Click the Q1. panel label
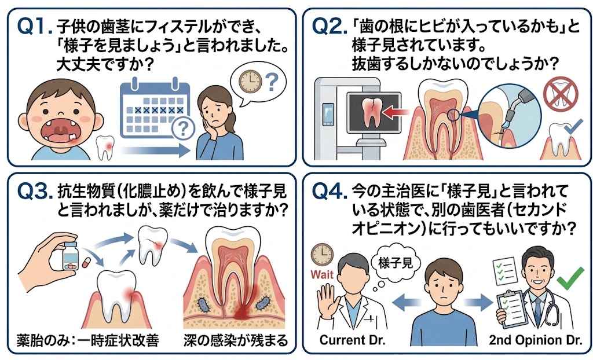coord(35,28)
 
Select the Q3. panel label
coord(35,192)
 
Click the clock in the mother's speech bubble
coord(250,81)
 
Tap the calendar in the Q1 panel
coord(155,109)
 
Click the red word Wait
coord(322,274)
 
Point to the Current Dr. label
coord(352,340)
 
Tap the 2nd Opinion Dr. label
coord(535,340)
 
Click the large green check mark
coord(570,279)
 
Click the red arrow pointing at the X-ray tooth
coord(396,112)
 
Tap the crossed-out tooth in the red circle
coord(561,93)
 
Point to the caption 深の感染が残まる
coord(236,340)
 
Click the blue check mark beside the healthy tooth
coord(573,128)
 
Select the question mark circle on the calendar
coord(183,129)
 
